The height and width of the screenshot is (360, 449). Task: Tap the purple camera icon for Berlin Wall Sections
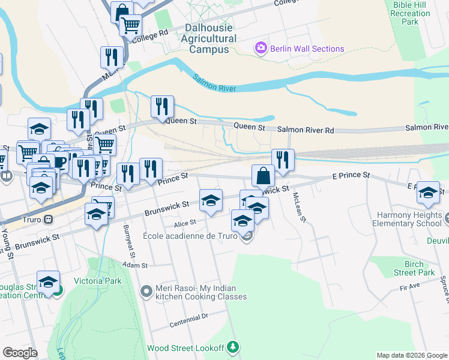[x=261, y=48]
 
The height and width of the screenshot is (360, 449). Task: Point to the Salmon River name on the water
[x=215, y=83]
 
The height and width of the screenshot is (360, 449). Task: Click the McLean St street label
[x=300, y=207]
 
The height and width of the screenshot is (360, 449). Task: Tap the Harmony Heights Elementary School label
[x=412, y=219]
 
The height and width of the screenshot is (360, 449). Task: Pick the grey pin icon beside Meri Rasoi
[x=146, y=292]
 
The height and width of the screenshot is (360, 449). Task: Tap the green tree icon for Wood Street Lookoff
[x=235, y=347]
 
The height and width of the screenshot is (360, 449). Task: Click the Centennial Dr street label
[x=188, y=316]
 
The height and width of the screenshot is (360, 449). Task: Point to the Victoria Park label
[x=97, y=281]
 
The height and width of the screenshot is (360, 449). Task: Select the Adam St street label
[x=134, y=265]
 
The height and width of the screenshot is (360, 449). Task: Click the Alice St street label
[x=185, y=223]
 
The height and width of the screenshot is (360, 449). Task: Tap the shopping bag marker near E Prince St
[x=263, y=176]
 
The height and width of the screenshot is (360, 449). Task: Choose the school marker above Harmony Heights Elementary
[x=428, y=193]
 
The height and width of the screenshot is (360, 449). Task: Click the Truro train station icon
[x=47, y=219]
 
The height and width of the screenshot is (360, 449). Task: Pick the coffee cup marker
[x=59, y=162]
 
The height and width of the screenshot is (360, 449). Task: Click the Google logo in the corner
[x=20, y=353]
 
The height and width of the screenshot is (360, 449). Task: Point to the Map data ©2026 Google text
[x=411, y=355]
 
